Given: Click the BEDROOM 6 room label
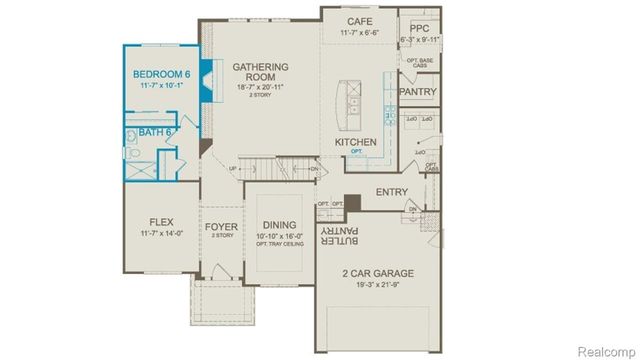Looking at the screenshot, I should (162, 73).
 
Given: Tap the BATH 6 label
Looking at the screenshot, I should (156, 132).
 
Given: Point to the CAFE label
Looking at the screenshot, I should (360, 22).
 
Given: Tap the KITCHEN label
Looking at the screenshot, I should (355, 142).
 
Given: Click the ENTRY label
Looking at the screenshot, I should (391, 192).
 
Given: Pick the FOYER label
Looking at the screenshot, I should (222, 227).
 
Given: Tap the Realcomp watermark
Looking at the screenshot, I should (606, 351).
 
